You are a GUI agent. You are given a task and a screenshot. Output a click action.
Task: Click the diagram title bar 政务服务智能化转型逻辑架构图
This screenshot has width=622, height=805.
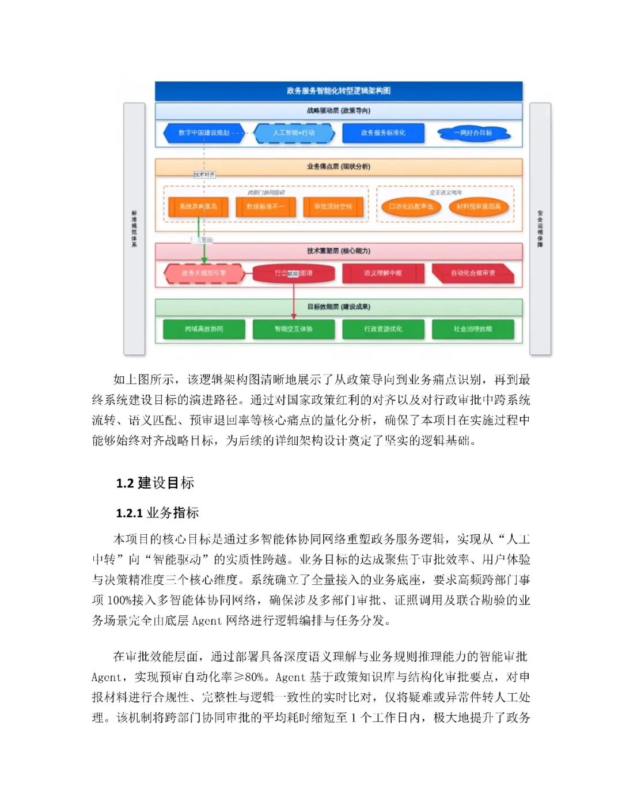tap(339, 91)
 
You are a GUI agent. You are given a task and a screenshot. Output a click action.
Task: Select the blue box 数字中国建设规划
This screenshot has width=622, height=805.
tap(204, 133)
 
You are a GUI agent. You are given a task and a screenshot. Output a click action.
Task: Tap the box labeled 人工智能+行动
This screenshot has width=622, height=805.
tap(294, 133)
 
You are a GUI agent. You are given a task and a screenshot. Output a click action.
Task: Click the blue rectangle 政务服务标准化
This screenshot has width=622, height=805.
tap(383, 133)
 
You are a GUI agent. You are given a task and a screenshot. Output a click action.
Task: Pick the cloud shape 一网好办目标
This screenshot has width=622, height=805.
tap(473, 133)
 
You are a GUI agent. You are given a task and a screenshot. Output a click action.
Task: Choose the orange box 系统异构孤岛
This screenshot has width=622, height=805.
tap(198, 207)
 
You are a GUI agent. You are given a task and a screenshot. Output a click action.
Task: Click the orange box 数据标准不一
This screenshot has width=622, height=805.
tap(266, 207)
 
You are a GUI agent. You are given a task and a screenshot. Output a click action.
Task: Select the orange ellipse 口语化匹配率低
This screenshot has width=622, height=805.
tap(411, 207)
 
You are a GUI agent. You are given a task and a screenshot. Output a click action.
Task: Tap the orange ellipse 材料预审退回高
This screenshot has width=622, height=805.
tap(479, 207)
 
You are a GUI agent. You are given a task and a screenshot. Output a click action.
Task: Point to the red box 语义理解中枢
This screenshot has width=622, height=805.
tap(383, 273)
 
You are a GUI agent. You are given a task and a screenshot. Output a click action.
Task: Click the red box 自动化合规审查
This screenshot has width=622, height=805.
tap(473, 273)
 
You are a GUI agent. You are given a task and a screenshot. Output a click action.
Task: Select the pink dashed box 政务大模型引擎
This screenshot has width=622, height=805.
tap(204, 273)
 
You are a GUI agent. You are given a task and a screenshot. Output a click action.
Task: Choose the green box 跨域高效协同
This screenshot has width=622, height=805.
tap(204, 329)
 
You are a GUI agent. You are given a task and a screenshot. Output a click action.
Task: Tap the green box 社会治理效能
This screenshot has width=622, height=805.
tap(473, 329)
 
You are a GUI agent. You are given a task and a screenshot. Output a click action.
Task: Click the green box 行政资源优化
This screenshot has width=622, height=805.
tap(383, 329)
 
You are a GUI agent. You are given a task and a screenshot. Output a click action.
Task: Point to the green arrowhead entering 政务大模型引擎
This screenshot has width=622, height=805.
tap(204, 260)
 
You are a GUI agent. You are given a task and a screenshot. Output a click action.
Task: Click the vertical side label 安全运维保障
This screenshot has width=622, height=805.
tap(540, 229)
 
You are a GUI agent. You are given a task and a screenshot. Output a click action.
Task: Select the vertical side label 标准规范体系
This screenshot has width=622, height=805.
tap(134, 229)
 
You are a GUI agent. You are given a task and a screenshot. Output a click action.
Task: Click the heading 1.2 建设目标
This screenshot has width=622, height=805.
tap(155, 483)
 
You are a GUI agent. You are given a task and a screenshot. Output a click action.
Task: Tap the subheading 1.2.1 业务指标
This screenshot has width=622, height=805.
tap(157, 513)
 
